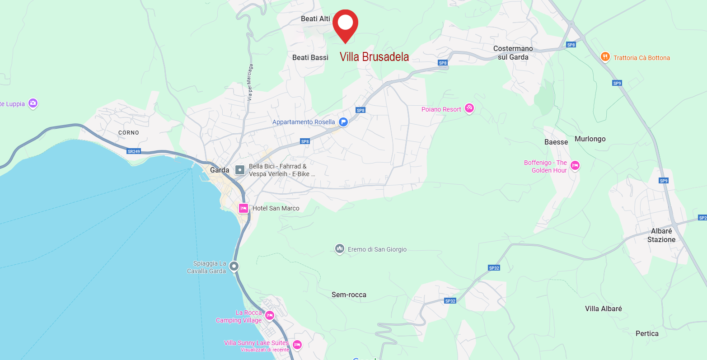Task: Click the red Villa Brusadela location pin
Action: [x=345, y=23]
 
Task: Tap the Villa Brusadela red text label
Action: [x=374, y=57]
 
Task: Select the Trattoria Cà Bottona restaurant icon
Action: [x=605, y=57]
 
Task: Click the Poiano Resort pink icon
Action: [x=469, y=108]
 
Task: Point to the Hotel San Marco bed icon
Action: [x=243, y=208]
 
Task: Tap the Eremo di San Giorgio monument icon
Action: [x=340, y=249]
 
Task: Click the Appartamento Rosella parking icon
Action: [x=343, y=122]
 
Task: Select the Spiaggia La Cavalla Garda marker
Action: [x=234, y=266]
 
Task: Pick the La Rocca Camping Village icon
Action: [x=270, y=315]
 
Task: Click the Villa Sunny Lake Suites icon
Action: [x=297, y=345]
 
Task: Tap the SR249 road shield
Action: [x=134, y=151]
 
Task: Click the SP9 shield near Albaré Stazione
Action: [x=663, y=181]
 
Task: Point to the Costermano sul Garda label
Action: [x=513, y=53]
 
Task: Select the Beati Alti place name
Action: [x=315, y=19]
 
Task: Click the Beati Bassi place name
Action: [x=310, y=57]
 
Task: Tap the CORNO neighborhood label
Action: [x=128, y=132]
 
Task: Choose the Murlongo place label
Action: [x=590, y=139]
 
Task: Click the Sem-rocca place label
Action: [x=349, y=295]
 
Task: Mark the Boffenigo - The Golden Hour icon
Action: [x=575, y=165]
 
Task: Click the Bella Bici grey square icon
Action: [x=240, y=170]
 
